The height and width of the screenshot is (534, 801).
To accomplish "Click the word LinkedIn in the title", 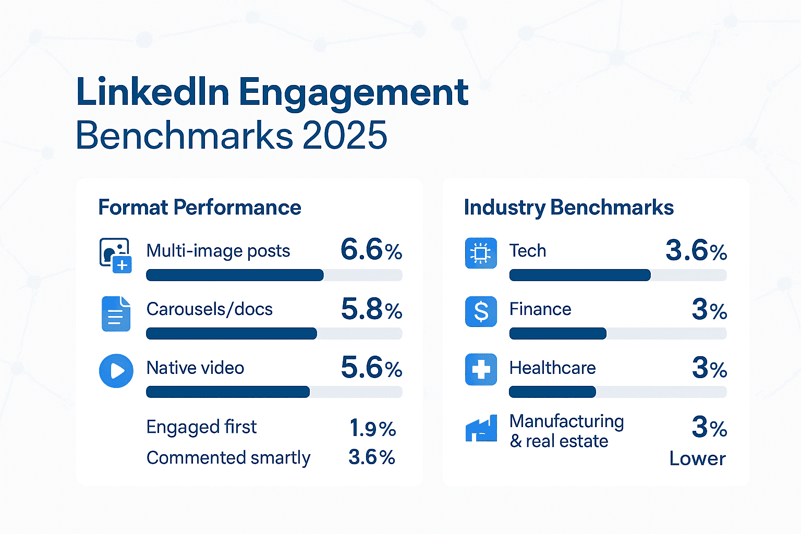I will point(153,92).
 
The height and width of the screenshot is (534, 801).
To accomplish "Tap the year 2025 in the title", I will point(344,136).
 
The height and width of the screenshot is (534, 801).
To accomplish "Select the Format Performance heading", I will point(200,208).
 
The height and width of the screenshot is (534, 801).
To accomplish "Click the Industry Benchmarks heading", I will point(568,208).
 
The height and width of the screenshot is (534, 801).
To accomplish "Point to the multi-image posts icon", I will point(115,255).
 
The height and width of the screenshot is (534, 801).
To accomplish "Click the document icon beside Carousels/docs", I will point(115,313).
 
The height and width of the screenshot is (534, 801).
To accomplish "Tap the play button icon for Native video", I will point(116,371).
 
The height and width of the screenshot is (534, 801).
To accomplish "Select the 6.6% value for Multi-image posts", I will point(371,250).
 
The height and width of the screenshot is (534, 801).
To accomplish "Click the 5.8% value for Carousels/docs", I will point(371,309).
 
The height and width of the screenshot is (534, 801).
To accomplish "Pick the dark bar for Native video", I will point(228,392).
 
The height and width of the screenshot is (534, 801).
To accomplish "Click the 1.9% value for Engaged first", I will point(372,429).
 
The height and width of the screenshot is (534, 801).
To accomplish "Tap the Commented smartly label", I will point(228,458).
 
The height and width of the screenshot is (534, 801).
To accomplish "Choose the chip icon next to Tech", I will point(480,253).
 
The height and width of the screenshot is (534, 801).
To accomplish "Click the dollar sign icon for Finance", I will point(480,311).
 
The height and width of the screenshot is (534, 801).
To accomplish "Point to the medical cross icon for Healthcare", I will point(480,370).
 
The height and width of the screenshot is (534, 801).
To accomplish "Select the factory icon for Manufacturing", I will point(481,430).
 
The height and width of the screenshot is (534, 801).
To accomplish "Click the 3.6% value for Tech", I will point(696,251).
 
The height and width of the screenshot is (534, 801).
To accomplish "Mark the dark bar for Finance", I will point(557,334).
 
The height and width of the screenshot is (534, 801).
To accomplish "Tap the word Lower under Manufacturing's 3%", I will point(697,459).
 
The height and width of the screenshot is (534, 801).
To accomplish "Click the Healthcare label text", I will point(552,368).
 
